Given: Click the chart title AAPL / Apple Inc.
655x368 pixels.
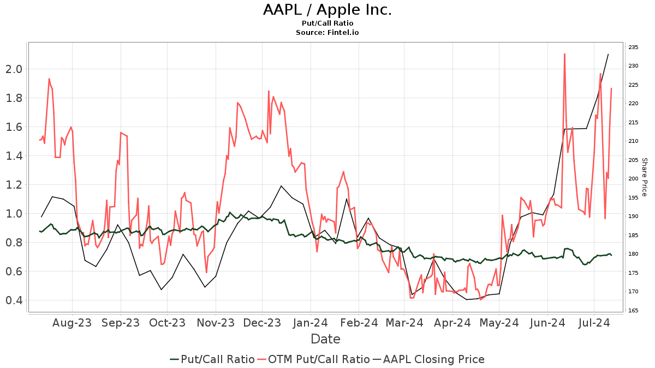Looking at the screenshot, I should [327, 10].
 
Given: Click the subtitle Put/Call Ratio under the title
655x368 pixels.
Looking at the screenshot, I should [327, 23].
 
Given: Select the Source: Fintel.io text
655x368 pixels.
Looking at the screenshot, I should [327, 33].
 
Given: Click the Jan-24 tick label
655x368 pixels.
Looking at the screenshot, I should [311, 323].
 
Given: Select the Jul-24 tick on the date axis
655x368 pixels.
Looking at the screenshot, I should [593, 323].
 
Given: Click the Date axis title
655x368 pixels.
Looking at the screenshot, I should [325, 339].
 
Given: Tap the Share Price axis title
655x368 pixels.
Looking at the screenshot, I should [644, 177].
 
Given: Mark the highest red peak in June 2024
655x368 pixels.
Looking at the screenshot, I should [564, 54].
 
